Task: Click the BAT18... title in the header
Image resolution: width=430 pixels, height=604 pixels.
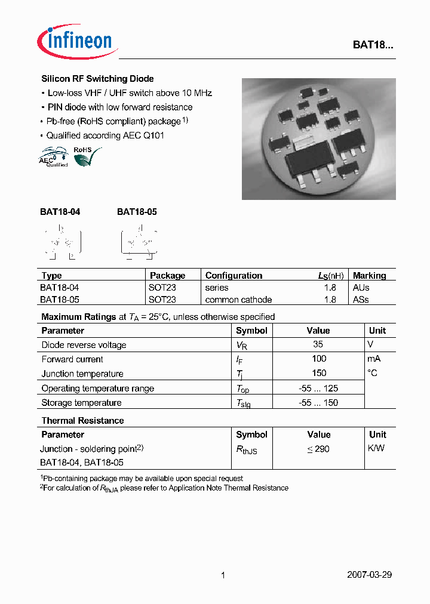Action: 371,45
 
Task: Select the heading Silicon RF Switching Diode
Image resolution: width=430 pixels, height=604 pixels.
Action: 97,79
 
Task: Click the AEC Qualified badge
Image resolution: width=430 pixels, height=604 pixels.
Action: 53,158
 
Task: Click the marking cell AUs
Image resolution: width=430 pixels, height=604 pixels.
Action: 361,288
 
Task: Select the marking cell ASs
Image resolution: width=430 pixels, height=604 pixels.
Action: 361,300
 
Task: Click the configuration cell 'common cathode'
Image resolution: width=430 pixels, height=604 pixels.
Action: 238,300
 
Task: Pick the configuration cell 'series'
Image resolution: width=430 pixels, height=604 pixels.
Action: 217,288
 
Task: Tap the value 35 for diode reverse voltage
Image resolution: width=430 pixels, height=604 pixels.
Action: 318,344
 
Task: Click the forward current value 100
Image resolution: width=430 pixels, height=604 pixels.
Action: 319,359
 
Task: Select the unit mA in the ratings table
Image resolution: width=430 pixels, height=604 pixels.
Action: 374,359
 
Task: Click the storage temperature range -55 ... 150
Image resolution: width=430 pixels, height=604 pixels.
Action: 318,403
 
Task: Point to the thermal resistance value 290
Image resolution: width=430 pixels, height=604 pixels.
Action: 318,449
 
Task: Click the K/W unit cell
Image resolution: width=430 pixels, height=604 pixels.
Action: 377,448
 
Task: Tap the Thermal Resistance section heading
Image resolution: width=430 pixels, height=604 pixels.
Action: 82,421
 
